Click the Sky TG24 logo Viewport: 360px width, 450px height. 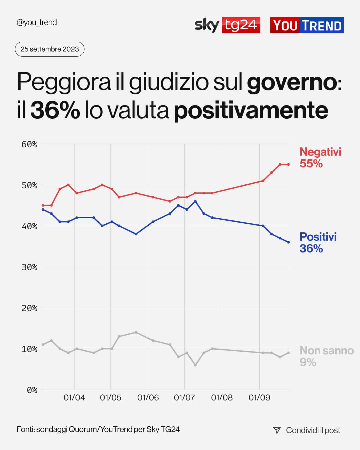(227, 25)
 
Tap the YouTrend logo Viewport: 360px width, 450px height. (307, 25)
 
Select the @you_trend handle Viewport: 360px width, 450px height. (37, 22)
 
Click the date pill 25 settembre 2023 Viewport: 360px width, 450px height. (50, 49)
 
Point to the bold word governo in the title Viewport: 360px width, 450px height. (292, 82)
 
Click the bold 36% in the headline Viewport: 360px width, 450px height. (55, 110)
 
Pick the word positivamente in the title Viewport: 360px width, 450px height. (251, 110)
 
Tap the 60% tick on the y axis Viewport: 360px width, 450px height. (29, 144)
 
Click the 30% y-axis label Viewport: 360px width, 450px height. (29, 267)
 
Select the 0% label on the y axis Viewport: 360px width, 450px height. (32, 390)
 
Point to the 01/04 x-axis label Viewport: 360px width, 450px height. (74, 398)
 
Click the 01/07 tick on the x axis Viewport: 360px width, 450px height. (184, 398)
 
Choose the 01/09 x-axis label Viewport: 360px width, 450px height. (259, 398)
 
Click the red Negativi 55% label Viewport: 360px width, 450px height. (320, 158)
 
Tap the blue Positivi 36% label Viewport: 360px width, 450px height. (318, 242)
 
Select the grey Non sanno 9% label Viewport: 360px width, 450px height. (326, 356)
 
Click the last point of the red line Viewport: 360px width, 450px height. (288, 164)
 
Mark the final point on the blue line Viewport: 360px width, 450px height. (288, 242)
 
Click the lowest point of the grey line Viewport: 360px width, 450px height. (195, 365)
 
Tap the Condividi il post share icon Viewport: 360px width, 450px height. (277, 430)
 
